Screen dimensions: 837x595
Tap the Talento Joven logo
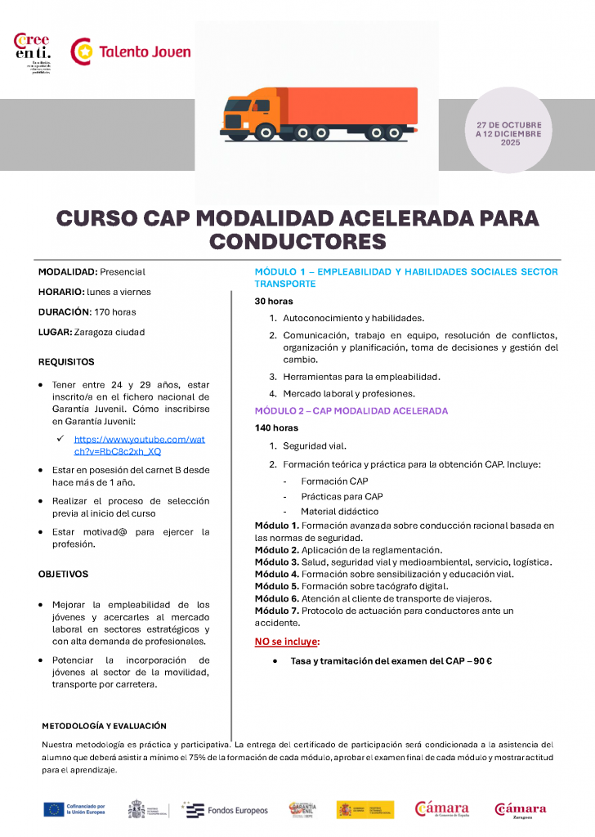[131, 51]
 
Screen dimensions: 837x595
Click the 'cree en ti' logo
[34, 51]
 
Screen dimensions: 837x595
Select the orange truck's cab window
[262, 106]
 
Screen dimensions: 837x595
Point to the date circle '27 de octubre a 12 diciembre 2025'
[509, 133]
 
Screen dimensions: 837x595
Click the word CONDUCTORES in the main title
[297, 241]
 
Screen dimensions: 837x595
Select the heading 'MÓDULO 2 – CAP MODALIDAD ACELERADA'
[351, 411]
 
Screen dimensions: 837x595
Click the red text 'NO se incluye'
[287, 642]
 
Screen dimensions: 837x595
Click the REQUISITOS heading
[66, 361]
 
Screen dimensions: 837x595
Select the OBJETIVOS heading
[63, 575]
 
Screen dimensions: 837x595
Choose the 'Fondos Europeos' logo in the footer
[225, 810]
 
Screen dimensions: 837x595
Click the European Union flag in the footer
[54, 810]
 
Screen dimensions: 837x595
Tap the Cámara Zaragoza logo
[521, 810]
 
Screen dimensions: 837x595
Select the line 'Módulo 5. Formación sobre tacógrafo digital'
[352, 586]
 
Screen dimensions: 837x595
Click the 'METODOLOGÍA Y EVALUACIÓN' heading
[104, 726]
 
